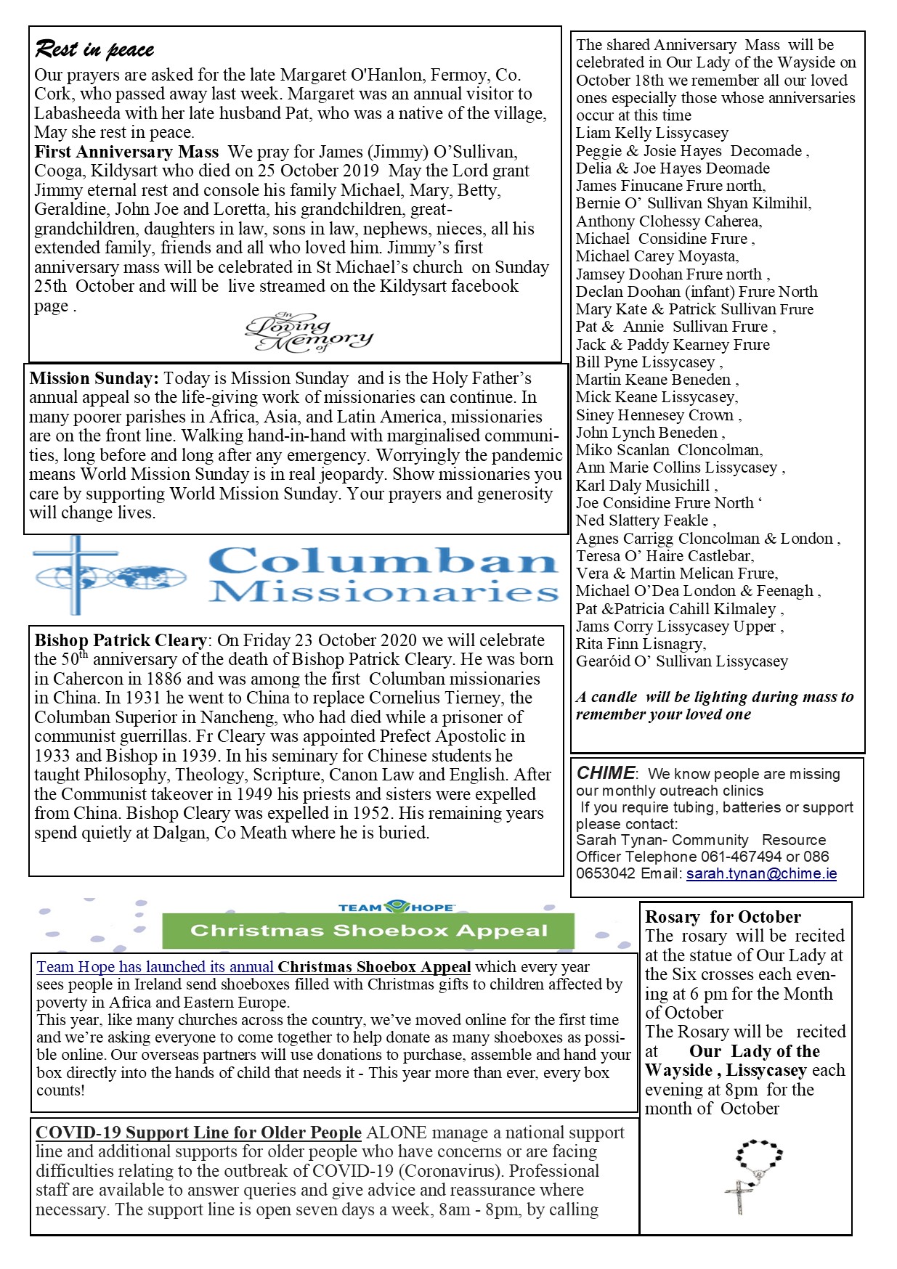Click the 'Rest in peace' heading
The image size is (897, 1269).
coord(94,49)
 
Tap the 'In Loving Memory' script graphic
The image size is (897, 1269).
coord(309,333)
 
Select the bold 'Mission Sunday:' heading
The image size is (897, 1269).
coord(94,378)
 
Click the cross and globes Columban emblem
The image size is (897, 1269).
coord(109,575)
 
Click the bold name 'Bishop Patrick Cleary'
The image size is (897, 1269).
coord(121,640)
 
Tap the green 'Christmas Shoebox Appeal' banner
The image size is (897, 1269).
coord(368,931)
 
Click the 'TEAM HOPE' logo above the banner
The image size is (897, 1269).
coord(396,907)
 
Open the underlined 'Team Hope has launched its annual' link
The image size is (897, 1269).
coord(155,967)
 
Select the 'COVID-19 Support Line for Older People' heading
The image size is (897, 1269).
coord(198,1133)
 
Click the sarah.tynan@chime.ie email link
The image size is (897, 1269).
coord(761,873)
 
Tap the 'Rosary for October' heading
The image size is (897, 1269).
coord(723,917)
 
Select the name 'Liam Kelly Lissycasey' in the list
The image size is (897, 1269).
coord(652,133)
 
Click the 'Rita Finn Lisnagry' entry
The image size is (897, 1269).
coord(640,643)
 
